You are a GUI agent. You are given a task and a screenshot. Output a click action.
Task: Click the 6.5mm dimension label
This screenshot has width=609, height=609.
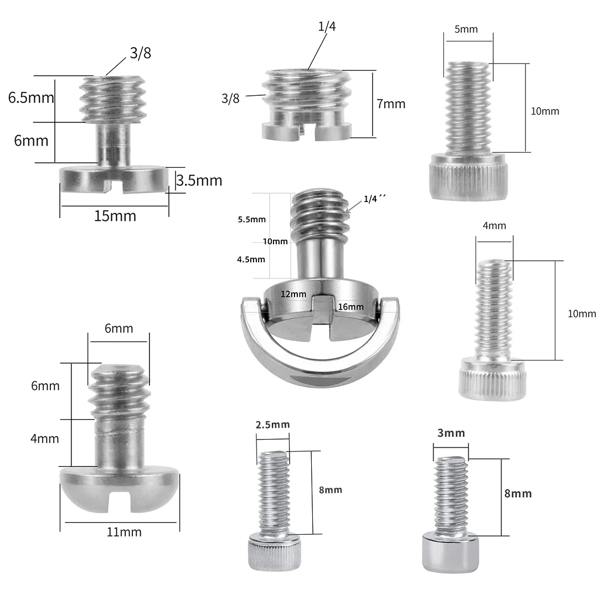(x=31, y=97)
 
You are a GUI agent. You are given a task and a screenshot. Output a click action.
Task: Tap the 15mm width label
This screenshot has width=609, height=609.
(x=115, y=216)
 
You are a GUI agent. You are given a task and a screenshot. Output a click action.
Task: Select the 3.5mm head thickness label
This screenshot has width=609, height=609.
(x=199, y=180)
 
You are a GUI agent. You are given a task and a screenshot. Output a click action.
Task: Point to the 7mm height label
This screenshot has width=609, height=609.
(x=391, y=104)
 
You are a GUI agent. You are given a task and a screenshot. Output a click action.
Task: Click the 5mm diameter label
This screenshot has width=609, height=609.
(x=466, y=29)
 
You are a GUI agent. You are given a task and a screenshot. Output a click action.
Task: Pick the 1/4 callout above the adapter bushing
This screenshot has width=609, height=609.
(x=327, y=27)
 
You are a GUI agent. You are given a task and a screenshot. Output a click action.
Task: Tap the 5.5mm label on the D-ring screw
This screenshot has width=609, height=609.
(x=252, y=219)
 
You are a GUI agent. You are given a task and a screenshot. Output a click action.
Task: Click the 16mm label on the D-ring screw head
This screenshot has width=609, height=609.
(x=350, y=307)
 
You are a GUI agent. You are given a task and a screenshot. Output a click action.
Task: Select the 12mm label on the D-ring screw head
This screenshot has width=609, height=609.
(x=293, y=294)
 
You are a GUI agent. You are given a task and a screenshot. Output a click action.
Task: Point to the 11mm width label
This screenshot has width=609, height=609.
(x=124, y=531)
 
